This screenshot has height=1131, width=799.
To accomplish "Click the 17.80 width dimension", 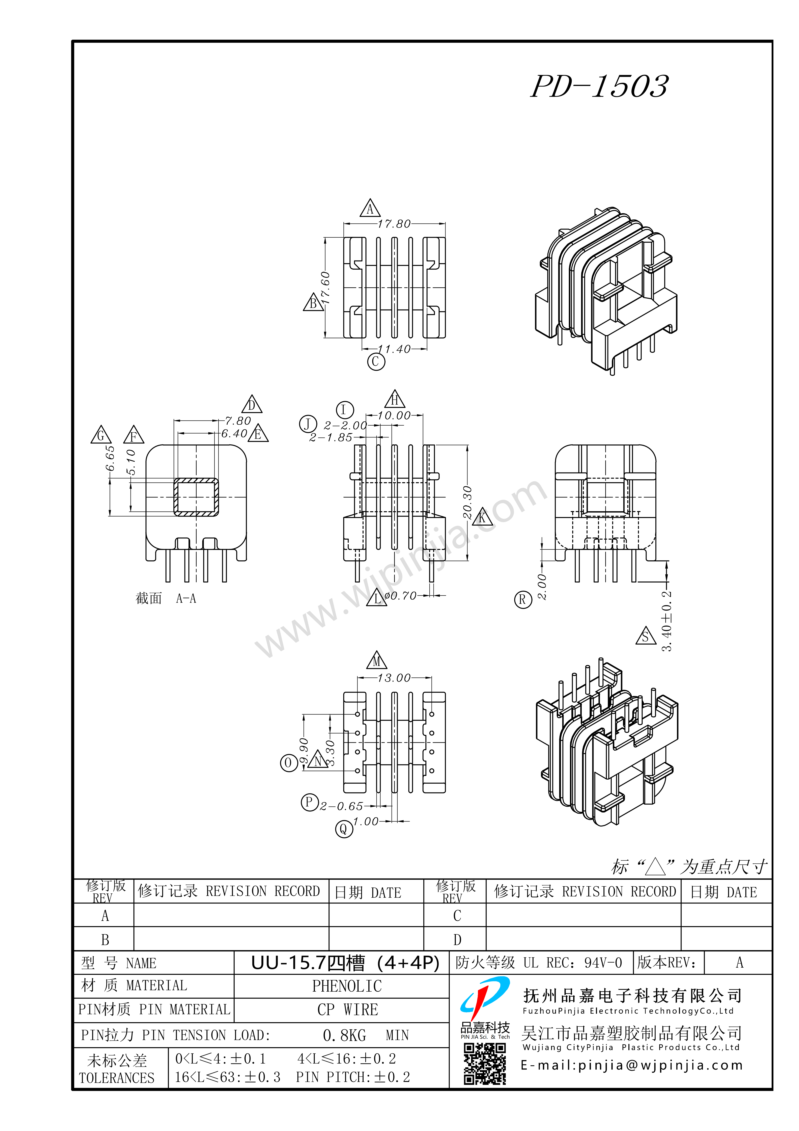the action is pos(394,224).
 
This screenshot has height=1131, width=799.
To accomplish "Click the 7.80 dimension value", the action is pos(238,421).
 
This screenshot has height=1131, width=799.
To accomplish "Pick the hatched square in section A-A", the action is pos(196,497).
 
